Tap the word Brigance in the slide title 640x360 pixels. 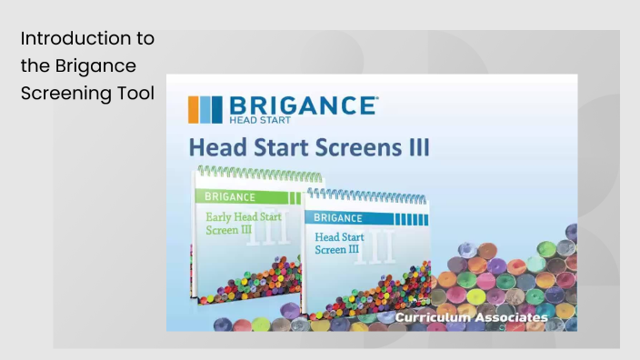point(95,66)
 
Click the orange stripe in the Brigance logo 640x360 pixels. point(193,109)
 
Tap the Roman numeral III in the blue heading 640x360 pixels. point(415,147)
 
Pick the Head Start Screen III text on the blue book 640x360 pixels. point(343,243)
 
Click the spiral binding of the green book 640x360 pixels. point(245,173)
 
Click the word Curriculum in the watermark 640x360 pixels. point(432,318)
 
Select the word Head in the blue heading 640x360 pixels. point(214,147)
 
